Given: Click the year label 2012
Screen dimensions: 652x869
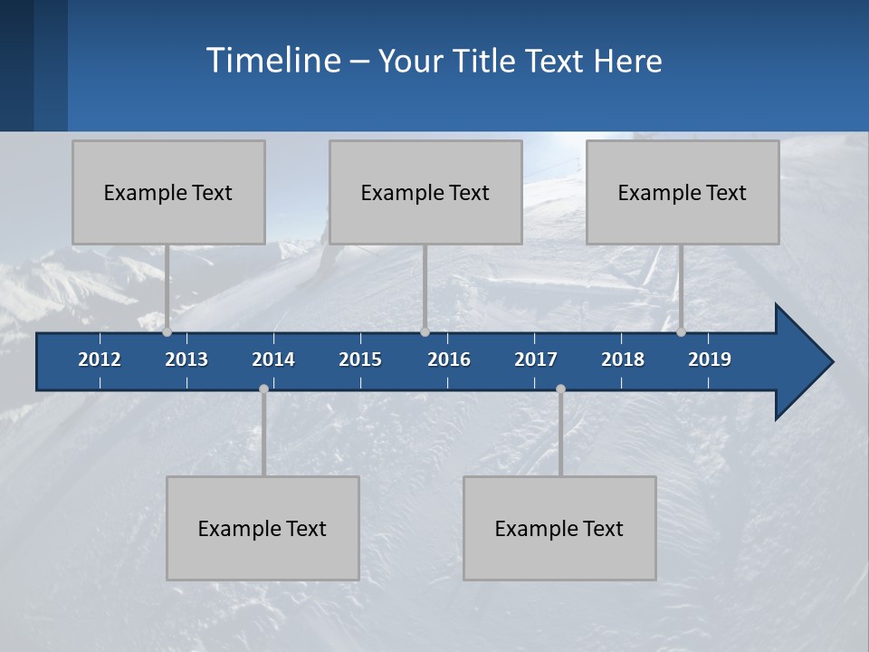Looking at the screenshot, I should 100,360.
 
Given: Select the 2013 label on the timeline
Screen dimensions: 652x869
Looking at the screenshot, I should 186,360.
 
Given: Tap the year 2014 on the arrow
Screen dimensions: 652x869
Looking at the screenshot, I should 273,360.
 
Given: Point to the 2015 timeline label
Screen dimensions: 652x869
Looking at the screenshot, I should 360,360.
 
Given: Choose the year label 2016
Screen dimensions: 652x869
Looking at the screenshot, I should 449,360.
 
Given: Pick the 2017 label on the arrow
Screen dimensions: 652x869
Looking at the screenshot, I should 536,360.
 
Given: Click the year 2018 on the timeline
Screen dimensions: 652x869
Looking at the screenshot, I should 623,360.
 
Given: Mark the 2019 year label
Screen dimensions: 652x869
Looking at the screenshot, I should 710,360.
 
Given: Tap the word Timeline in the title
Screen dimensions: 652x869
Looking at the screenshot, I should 272,61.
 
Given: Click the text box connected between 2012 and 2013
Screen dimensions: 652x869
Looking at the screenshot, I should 168,192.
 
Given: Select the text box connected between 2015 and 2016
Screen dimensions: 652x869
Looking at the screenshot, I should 425,192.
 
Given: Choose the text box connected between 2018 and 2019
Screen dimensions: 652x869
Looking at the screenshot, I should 683,192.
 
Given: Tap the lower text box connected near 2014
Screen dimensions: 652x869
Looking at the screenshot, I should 263,528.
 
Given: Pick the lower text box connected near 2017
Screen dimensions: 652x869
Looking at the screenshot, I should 559,528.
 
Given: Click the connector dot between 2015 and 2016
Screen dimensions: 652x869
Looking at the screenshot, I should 425,331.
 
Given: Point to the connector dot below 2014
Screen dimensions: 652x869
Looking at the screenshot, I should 263,388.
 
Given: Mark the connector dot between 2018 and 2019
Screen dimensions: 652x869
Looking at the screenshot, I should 682,331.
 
